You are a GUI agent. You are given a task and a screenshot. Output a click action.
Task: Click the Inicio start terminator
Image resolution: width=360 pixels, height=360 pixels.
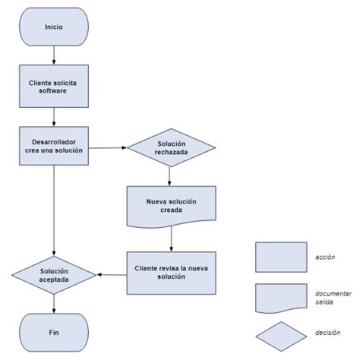(x=54, y=26)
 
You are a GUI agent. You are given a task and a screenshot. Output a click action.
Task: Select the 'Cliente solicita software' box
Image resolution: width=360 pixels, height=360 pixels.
(x=54, y=86)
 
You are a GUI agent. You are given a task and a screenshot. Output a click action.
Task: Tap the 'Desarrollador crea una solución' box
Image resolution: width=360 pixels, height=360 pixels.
(x=54, y=146)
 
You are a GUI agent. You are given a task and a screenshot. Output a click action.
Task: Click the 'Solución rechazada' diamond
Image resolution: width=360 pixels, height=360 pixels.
(x=168, y=147)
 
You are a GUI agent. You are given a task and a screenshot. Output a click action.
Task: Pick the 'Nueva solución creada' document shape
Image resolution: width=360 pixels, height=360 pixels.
(x=171, y=205)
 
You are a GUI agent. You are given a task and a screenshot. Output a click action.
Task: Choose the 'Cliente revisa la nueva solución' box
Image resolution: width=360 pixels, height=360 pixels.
(x=171, y=273)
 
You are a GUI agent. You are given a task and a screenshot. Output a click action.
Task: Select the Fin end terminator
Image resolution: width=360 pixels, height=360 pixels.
(x=54, y=331)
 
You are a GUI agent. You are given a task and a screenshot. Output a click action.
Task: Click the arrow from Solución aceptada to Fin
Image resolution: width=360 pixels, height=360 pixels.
(x=54, y=302)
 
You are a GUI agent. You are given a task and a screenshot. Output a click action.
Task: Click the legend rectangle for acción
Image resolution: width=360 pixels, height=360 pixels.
(x=282, y=257)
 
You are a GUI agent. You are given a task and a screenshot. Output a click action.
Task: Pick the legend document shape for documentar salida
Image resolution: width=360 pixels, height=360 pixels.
(x=282, y=298)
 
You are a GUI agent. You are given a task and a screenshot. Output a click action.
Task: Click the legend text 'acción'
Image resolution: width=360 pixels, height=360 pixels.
(x=325, y=257)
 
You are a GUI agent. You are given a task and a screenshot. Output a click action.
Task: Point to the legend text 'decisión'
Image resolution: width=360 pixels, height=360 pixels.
(x=327, y=333)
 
